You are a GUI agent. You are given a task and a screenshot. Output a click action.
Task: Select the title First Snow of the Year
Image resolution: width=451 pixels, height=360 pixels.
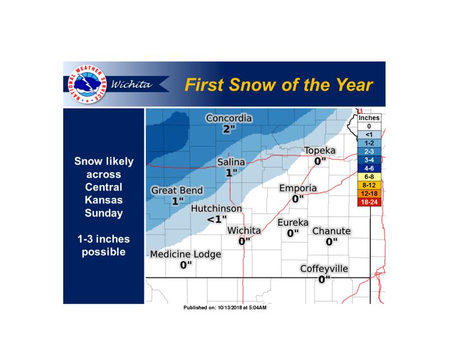(x=279, y=85)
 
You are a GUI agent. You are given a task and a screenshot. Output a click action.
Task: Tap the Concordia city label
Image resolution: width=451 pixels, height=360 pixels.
(x=229, y=119)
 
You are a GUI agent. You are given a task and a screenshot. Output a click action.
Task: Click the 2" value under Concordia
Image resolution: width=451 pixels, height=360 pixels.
(x=229, y=129)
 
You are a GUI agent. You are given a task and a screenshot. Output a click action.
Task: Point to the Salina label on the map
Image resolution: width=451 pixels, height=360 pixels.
(x=231, y=162)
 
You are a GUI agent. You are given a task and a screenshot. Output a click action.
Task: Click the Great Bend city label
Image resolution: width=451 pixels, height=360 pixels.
(x=177, y=191)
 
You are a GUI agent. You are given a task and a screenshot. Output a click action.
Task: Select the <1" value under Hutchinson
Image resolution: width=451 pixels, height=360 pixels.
(x=217, y=219)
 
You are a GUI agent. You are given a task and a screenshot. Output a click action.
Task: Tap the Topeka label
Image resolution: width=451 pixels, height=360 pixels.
(x=320, y=151)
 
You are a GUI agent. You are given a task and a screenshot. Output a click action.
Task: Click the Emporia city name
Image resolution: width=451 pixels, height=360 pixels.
(x=298, y=188)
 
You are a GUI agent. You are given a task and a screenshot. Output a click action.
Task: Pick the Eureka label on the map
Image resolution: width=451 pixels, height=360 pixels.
(x=293, y=222)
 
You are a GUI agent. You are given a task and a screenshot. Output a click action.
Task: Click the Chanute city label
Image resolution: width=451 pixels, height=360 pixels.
(x=331, y=231)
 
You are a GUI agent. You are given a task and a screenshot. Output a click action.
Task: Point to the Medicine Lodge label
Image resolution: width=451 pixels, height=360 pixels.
(x=186, y=254)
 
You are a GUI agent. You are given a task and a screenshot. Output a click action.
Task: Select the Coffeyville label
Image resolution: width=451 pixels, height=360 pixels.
(x=324, y=269)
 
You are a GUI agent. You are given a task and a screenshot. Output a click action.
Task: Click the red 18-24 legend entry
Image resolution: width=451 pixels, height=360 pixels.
(x=369, y=202)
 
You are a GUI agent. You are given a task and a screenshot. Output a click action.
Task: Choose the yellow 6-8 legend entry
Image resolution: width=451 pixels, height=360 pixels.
(x=369, y=175)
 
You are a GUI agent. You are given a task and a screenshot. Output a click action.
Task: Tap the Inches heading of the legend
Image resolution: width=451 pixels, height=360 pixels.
(x=369, y=118)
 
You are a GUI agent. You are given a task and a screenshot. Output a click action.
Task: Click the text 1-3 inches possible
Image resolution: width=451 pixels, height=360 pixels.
(x=104, y=245)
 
